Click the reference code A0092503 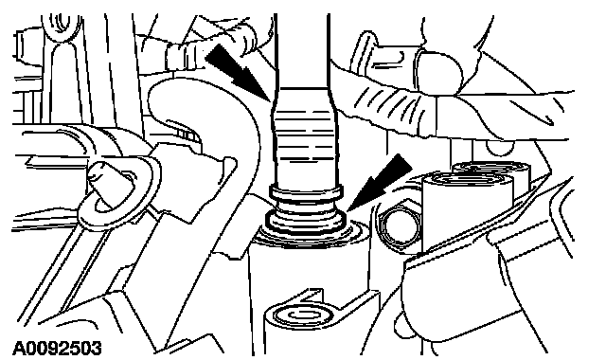(58, 349)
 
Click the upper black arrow (238, 71)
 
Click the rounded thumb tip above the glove (439, 73)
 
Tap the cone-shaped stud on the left (106, 181)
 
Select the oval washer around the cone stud (116, 193)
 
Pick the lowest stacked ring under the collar (305, 227)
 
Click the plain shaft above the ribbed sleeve (302, 50)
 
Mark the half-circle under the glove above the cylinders (500, 147)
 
